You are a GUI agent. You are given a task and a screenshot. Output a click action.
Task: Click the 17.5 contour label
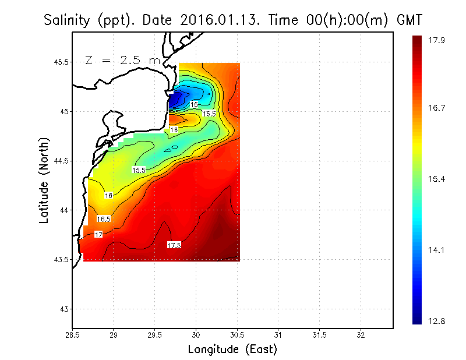pyautogui.click(x=174, y=245)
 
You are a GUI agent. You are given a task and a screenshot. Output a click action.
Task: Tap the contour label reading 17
pyautogui.click(x=98, y=235)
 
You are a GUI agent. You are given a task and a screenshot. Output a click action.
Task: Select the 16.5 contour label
pyautogui.click(x=104, y=220)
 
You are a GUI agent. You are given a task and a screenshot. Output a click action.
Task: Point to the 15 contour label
pyautogui.click(x=194, y=104)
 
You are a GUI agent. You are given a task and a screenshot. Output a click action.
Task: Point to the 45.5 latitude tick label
pyautogui.click(x=59, y=62)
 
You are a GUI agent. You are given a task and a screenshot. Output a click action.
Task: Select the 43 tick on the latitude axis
pyautogui.click(x=63, y=309)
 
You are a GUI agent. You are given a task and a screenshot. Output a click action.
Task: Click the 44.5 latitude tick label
pyautogui.click(x=59, y=161)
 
